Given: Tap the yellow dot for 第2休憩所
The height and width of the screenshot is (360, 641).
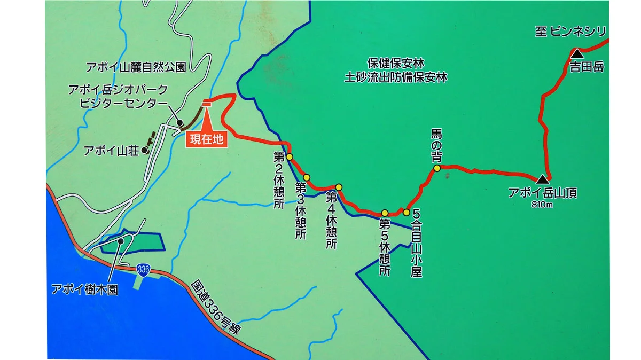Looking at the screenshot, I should point(289,157).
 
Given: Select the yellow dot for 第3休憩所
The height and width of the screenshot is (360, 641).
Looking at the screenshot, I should point(307,177).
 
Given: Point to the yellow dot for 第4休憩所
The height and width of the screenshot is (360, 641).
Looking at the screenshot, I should point(338,187).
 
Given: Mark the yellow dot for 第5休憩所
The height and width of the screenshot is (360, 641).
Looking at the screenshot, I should point(385,213).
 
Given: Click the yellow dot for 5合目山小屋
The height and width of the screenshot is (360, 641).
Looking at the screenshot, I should point(407,212).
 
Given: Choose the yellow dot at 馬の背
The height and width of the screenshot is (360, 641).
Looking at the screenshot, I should point(436,168).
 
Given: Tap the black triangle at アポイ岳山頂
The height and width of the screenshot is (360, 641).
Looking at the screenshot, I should point(542,179).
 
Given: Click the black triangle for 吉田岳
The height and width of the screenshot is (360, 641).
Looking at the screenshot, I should point(577,53).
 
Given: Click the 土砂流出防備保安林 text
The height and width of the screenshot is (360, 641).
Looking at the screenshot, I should point(395,77).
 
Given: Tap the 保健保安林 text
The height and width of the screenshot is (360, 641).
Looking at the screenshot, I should point(396,63).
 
